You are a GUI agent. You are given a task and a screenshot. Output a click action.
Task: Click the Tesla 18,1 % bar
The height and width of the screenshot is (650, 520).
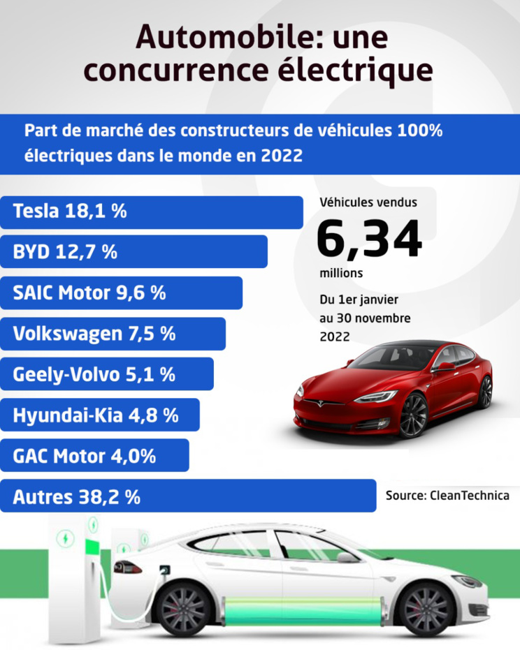tap(151, 212)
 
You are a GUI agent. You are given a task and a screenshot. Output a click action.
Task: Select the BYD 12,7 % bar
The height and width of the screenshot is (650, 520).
tap(133, 252)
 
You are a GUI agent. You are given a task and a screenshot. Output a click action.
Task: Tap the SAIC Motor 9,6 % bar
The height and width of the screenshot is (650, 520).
tap(120, 293)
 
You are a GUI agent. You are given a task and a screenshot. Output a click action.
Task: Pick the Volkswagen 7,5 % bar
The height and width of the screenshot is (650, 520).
tap(112, 334)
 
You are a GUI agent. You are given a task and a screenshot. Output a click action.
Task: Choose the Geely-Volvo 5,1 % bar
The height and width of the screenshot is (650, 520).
tap(106, 374)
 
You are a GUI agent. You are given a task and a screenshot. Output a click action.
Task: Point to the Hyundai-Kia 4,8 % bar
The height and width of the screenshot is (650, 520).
tap(99, 415)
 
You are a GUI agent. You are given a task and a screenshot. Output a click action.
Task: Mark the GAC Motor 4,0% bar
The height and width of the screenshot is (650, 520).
tap(94, 456)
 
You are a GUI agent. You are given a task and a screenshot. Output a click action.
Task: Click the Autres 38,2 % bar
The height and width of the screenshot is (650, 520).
tap(187, 497)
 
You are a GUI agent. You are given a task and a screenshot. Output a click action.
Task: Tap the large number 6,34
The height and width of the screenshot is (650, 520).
tap(369, 239)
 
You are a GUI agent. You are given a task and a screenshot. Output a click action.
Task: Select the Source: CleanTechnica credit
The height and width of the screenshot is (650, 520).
tap(447, 495)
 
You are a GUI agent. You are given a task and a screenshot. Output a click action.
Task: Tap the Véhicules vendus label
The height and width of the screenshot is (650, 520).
tap(368, 202)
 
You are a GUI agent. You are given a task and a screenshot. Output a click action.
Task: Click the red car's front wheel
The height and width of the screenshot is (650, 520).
tap(413, 415)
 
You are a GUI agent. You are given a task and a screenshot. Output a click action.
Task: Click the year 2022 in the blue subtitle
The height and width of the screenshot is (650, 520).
tap(282, 155)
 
